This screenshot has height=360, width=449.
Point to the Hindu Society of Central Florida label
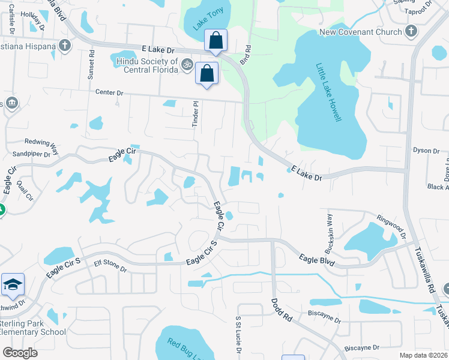pos(144,66)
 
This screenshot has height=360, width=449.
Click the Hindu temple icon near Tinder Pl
pos(187,63)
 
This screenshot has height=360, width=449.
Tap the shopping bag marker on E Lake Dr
pos(216,41)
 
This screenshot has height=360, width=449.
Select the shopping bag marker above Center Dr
pos(206,74)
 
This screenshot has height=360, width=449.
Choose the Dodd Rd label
pos(280,311)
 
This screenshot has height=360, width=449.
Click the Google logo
pos(20,353)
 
